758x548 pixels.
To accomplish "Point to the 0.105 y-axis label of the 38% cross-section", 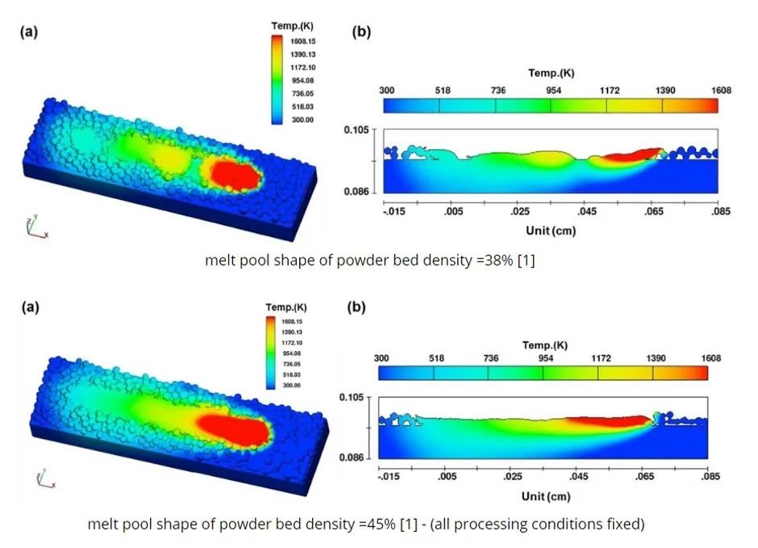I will tap(356, 129).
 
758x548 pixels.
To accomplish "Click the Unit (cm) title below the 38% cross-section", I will tap(550, 231).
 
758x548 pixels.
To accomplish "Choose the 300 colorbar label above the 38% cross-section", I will tap(385, 90).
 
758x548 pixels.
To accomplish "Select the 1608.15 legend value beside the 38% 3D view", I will tap(302, 39).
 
